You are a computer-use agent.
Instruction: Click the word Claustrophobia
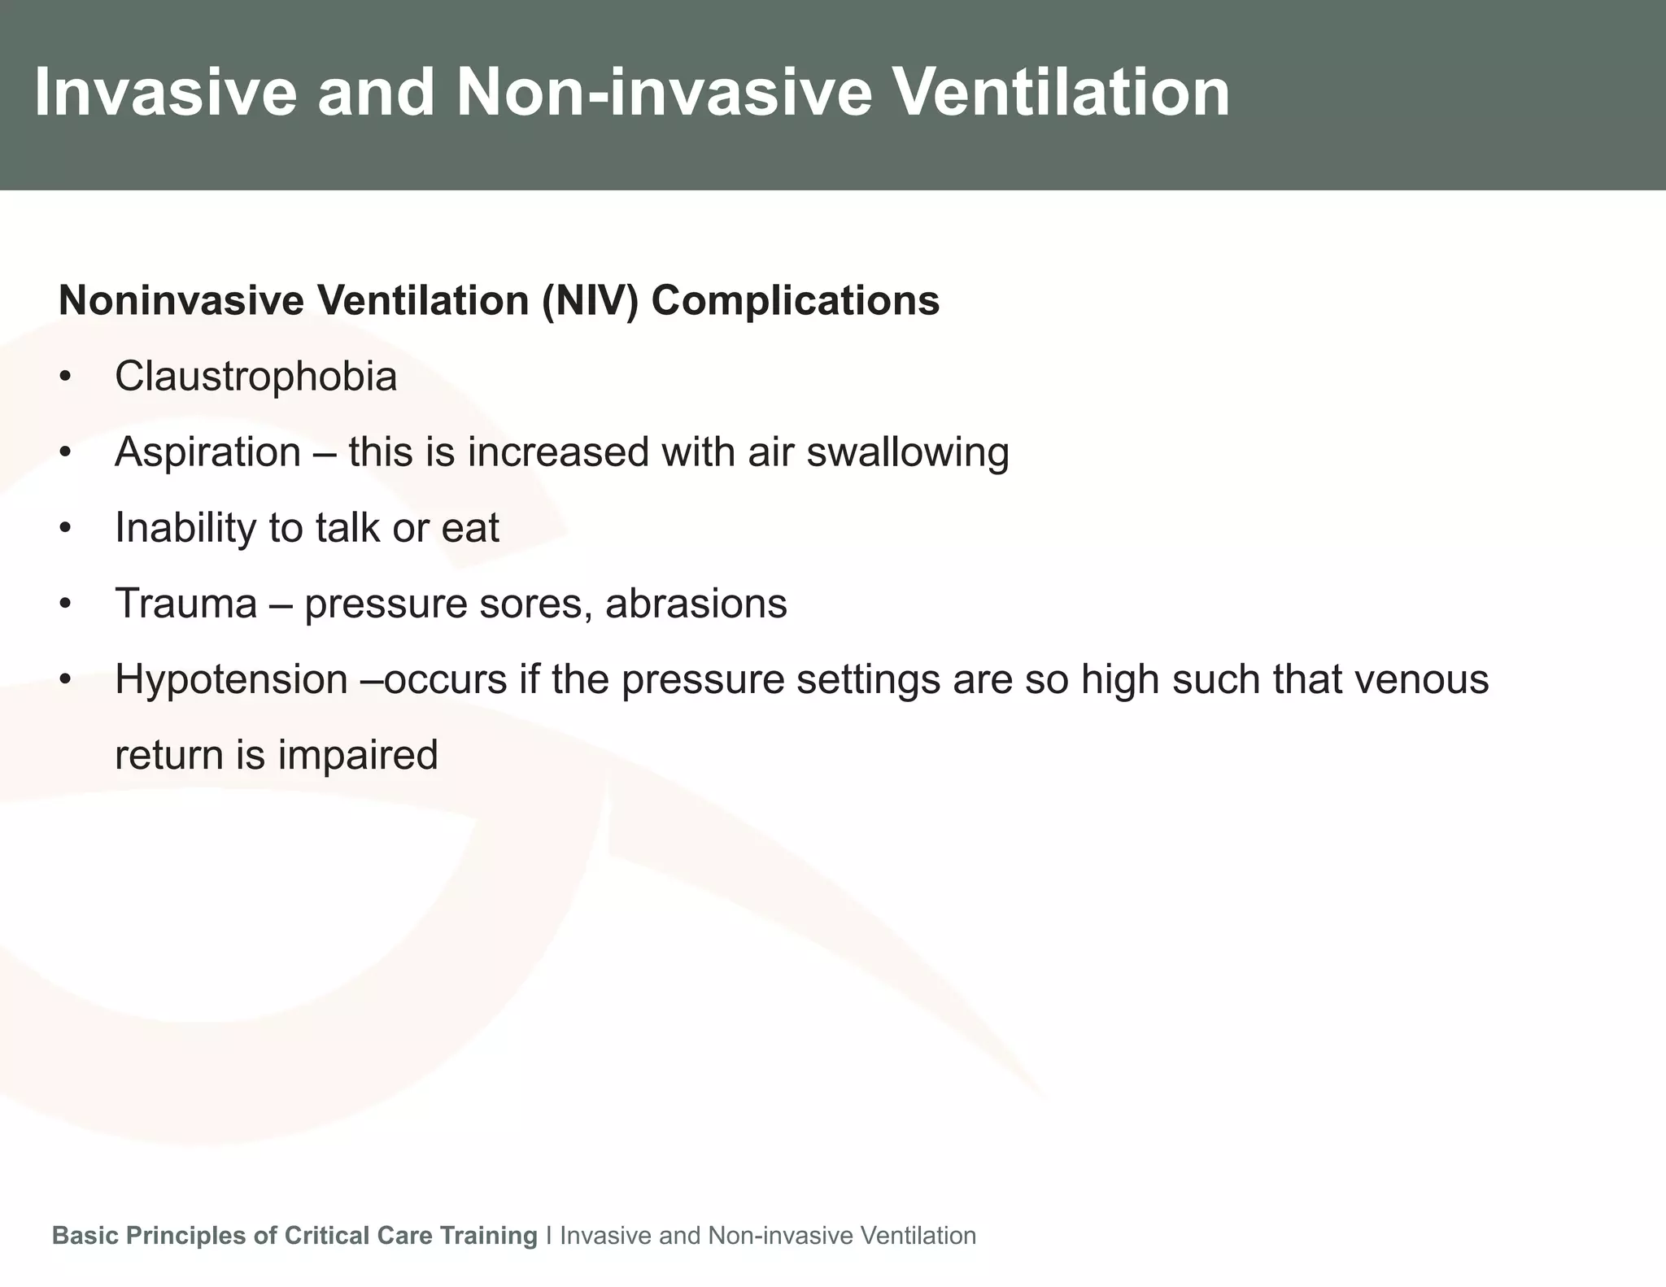coord(255,377)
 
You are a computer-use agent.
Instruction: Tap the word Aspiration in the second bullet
coord(207,452)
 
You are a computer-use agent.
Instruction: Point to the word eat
coord(469,528)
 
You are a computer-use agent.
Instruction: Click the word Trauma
coord(185,604)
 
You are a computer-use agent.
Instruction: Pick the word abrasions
coord(696,604)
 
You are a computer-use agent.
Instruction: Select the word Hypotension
coord(231,679)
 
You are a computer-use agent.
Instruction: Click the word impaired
coord(358,755)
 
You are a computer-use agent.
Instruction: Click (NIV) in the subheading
coord(590,301)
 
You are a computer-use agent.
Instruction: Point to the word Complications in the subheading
coord(795,301)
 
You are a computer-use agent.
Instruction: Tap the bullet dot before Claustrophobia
coord(66,377)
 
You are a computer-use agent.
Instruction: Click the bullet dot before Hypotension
coord(66,680)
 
